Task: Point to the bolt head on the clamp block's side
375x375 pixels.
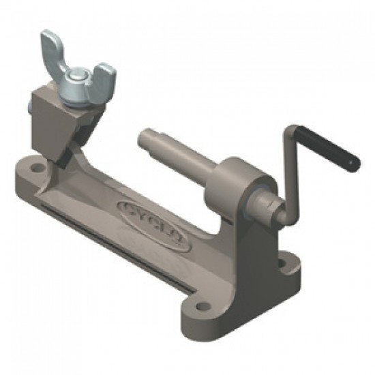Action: pyautogui.click(x=30, y=107)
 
